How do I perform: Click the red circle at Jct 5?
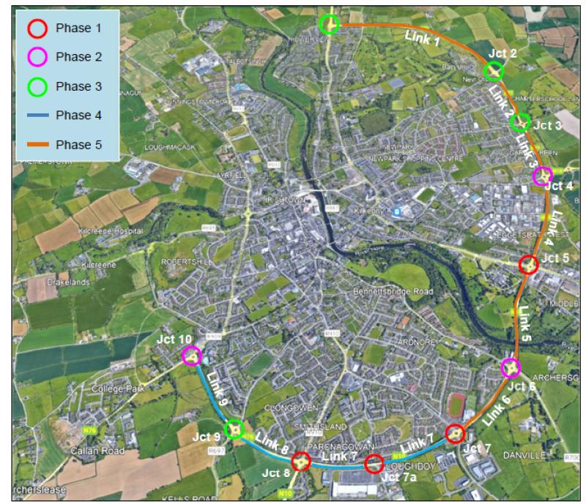528,264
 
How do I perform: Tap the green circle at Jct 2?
494,70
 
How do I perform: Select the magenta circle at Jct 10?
191,356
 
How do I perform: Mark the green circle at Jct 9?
234,429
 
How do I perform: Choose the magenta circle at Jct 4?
542,176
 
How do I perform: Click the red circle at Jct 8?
300,462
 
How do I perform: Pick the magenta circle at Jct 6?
511,367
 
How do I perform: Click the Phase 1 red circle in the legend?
37,28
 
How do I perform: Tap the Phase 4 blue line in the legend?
37,116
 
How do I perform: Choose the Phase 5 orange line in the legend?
37,145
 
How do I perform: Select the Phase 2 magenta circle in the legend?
37,56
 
